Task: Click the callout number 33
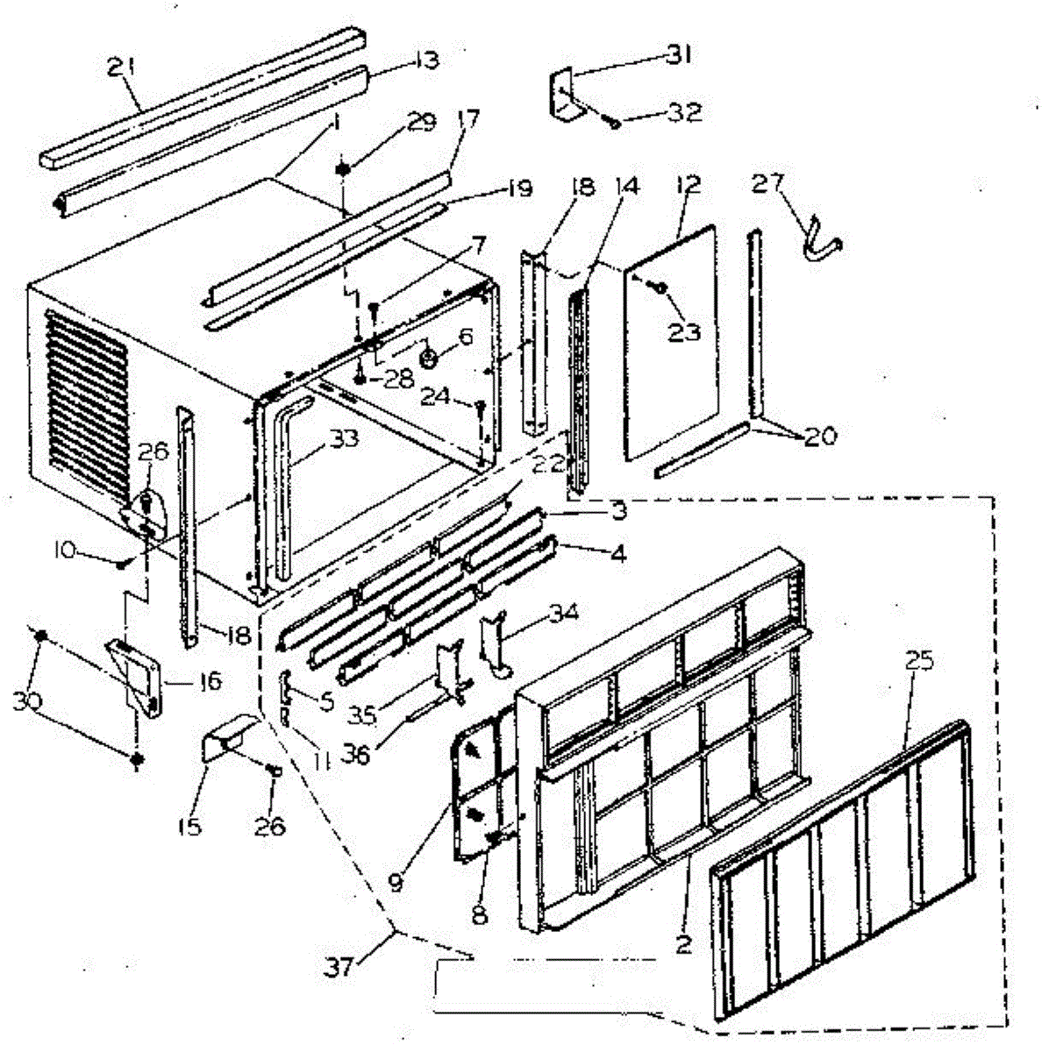[x=345, y=438]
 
